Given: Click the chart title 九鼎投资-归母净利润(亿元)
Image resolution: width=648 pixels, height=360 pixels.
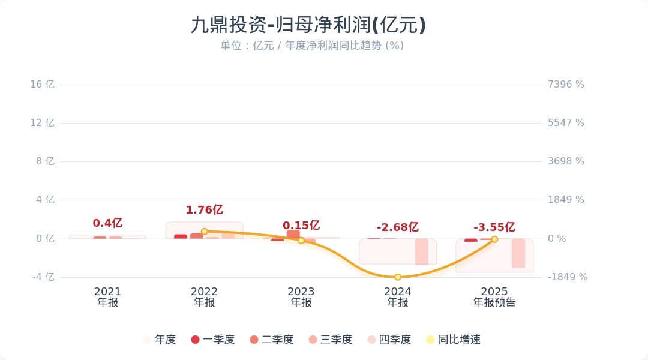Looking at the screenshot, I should [x=308, y=25].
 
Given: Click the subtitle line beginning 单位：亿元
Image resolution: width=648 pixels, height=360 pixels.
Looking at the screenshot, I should [x=311, y=46].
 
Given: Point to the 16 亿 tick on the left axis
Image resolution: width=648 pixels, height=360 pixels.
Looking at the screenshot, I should [x=43, y=85].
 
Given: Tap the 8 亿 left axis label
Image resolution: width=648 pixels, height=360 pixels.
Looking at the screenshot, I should [x=46, y=161].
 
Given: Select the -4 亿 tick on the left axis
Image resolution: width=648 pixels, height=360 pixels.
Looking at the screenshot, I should [x=43, y=277].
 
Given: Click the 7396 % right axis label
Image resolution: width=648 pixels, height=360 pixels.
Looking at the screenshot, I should [x=566, y=85].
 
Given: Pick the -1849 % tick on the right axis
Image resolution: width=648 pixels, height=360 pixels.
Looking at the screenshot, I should [x=568, y=277].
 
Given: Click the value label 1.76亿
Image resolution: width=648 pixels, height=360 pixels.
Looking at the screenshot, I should [x=204, y=210].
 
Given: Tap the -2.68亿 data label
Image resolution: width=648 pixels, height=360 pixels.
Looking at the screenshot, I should [x=397, y=227].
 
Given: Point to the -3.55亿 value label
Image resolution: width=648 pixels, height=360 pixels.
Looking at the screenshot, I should [x=494, y=227].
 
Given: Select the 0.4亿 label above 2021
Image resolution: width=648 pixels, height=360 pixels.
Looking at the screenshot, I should [x=107, y=223].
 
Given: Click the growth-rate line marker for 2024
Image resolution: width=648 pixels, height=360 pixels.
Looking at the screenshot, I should [x=398, y=277].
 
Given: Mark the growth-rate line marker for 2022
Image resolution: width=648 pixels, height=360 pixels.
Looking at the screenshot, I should [x=204, y=232].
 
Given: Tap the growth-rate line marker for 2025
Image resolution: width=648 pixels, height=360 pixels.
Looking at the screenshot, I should [x=494, y=239].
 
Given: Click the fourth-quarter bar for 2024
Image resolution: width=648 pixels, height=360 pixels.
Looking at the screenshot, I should [x=421, y=251].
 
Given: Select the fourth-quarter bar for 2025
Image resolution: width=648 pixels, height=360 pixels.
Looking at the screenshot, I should [x=518, y=253].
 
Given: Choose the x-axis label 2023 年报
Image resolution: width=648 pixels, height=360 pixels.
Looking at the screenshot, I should [x=301, y=297].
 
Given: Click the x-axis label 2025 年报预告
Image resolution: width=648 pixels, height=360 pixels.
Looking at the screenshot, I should [x=494, y=297].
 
